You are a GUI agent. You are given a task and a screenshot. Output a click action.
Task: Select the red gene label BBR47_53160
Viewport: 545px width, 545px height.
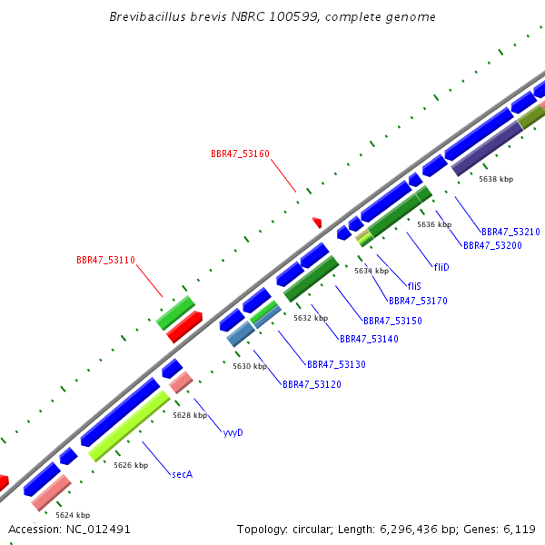pyautogui.click(x=240, y=154)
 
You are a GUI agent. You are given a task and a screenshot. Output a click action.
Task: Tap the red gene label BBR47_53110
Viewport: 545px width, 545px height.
pyautogui.click(x=105, y=260)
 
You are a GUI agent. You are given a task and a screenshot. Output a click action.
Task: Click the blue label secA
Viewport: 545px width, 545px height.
pyautogui.click(x=183, y=474)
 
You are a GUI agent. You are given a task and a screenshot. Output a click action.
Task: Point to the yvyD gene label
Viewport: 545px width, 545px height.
pyautogui.click(x=233, y=432)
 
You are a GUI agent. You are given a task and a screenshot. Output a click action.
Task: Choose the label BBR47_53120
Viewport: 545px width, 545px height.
pyautogui.click(x=312, y=384)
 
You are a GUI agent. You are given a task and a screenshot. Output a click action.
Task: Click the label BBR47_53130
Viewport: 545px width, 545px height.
pyautogui.click(x=336, y=364)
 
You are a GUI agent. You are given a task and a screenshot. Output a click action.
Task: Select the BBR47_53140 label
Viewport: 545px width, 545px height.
pyautogui.click(x=369, y=339)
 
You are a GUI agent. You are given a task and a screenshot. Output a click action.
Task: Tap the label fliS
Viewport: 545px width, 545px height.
pyautogui.click(x=414, y=286)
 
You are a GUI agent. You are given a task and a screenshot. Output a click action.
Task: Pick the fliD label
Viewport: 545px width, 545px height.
pyautogui.click(x=441, y=267)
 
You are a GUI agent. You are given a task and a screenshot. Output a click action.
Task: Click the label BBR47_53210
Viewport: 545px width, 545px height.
pyautogui.click(x=510, y=232)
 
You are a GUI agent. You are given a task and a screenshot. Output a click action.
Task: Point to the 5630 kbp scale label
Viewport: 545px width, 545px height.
pyautogui.click(x=250, y=366)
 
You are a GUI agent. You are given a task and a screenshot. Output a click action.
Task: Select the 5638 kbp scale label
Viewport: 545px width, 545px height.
pyautogui.click(x=496, y=179)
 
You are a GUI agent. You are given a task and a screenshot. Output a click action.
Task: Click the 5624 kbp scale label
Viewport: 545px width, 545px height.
pyautogui.click(x=73, y=515)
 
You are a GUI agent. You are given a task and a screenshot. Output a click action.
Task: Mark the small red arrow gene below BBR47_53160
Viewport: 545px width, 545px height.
pyautogui.click(x=317, y=223)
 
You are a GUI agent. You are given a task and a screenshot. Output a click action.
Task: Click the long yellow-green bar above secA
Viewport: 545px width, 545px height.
pyautogui.click(x=129, y=426)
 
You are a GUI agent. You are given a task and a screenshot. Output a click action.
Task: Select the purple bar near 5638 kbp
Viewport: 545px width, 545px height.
pyautogui.click(x=487, y=148)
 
